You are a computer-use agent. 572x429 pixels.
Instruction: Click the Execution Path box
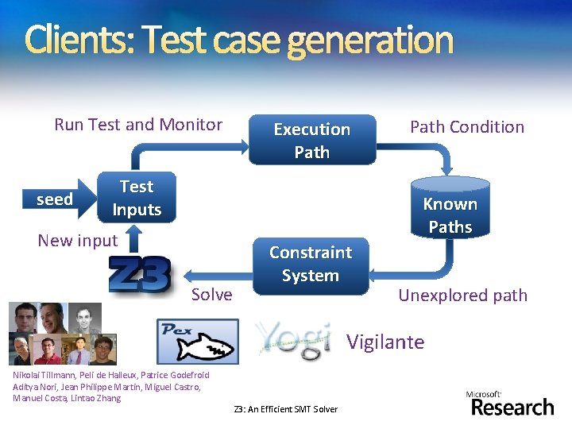point(311,141)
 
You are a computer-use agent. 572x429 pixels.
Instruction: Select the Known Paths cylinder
point(450,208)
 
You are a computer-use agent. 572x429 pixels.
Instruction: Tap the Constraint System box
point(310,264)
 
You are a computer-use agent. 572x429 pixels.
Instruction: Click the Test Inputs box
point(137,198)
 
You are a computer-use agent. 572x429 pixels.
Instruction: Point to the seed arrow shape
point(56,199)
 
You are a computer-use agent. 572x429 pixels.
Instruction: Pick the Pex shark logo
point(197,341)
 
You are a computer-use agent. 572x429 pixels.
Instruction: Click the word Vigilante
point(385,342)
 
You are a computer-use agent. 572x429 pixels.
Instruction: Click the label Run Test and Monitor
point(138,124)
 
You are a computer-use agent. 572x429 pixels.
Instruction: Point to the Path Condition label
point(467,126)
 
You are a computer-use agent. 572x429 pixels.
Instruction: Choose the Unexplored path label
point(462,296)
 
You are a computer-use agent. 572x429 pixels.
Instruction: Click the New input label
point(78,240)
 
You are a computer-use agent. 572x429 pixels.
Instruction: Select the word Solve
point(212,295)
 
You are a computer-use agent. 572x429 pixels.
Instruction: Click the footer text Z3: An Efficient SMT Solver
point(286,409)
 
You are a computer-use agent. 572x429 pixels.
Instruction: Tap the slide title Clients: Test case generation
point(238,40)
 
